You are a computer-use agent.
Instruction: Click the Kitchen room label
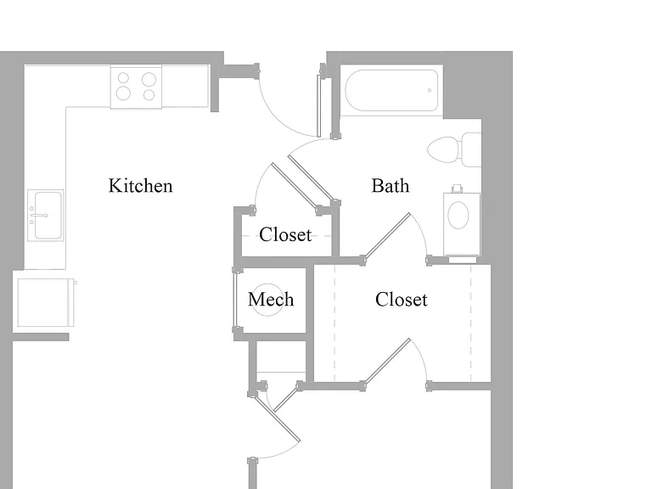141,186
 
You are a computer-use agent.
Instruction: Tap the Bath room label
390,186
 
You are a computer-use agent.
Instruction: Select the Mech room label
271,300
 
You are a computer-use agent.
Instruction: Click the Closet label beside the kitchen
285,235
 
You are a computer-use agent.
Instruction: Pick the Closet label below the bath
402,300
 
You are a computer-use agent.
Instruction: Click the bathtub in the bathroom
391,90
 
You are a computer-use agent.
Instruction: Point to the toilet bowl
443,149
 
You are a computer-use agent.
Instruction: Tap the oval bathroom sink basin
458,215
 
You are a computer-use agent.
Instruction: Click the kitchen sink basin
48,216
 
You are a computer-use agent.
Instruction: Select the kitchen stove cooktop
136,87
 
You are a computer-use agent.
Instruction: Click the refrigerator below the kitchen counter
43,303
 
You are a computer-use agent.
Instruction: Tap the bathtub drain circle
430,90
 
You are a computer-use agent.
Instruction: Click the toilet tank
471,149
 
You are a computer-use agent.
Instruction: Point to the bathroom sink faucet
458,188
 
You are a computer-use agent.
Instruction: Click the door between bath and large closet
387,236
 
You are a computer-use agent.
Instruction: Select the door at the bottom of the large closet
387,362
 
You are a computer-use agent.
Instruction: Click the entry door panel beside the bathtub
319,106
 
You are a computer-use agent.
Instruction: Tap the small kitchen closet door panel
296,185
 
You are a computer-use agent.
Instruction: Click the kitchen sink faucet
38,216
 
